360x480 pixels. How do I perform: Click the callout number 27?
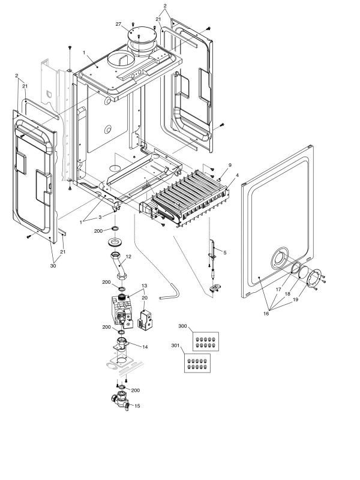(118, 23)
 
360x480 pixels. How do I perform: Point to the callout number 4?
(238, 175)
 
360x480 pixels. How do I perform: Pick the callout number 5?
(224, 252)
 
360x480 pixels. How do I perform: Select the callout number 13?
(144, 286)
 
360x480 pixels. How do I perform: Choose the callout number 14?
(145, 346)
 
